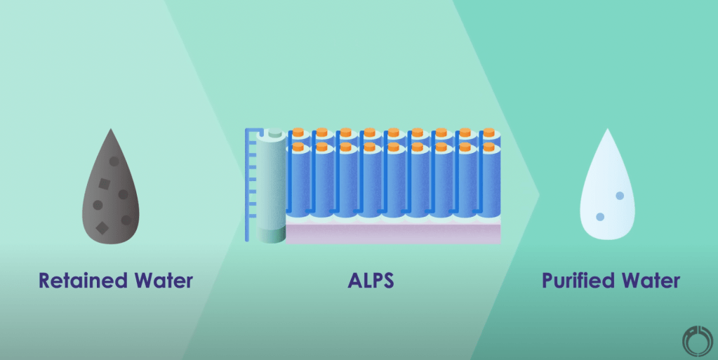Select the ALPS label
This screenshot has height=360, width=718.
[x=371, y=281]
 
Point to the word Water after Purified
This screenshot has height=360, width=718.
[x=650, y=281]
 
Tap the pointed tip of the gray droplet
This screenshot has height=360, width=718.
[x=110, y=131]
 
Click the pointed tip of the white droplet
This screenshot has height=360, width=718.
[x=607, y=131]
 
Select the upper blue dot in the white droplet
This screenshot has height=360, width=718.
[x=619, y=196]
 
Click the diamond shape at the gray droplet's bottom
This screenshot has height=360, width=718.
[x=102, y=227]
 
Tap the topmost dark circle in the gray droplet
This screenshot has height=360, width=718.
[x=114, y=161]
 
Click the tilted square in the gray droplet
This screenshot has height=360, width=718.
[x=103, y=185]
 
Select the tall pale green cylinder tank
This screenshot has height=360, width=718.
[x=270, y=182]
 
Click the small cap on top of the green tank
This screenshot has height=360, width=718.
[x=275, y=133]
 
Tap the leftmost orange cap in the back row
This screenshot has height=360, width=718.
[x=298, y=131]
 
